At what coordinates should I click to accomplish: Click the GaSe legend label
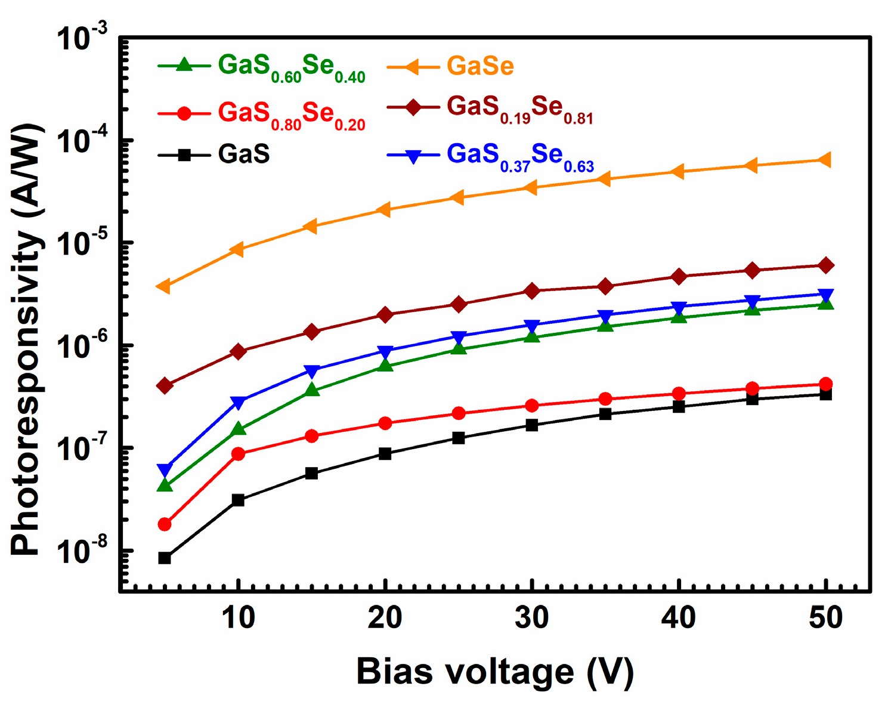[480, 66]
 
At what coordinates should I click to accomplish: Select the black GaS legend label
[244, 154]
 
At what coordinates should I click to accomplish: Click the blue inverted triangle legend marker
[413, 156]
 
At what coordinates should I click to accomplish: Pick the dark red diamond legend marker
[413, 108]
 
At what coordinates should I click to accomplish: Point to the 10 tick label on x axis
[239, 619]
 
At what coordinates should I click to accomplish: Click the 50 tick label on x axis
[826, 619]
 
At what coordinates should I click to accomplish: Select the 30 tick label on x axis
[532, 619]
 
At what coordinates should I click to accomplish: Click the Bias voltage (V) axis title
[495, 672]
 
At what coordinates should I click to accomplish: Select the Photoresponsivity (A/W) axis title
[27, 340]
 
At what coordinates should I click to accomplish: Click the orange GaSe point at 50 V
[825, 160]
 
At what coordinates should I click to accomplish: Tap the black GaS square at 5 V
[165, 558]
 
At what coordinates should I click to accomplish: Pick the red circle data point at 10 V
[238, 454]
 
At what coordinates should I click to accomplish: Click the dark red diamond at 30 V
[532, 291]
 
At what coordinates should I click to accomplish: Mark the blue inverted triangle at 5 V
[165, 469]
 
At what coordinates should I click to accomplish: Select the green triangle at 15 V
[311, 390]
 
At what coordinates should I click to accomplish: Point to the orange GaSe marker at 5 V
[163, 287]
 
